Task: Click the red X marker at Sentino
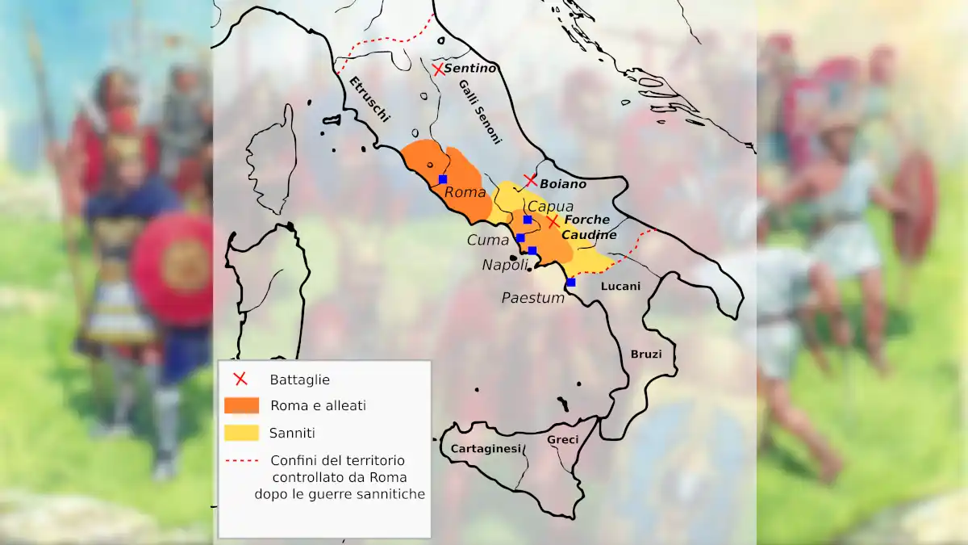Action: pos(438,69)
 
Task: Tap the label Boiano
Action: pos(563,184)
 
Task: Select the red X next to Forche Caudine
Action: pos(553,221)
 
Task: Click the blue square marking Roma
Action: pos(443,178)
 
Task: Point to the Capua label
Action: pos(550,207)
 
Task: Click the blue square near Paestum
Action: pos(571,283)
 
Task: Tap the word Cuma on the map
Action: pos(488,240)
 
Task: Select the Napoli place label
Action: pos(506,265)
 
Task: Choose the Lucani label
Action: pos(621,286)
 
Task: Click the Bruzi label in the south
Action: pos(646,354)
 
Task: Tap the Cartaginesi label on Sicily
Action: pos(486,449)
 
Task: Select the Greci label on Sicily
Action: pos(563,440)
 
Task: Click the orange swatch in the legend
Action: pos(241,405)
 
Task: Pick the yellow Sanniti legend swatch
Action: pos(241,433)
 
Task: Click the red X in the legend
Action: pos(240,379)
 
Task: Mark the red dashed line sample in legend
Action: pos(241,460)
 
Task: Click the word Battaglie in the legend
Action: pos(300,379)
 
